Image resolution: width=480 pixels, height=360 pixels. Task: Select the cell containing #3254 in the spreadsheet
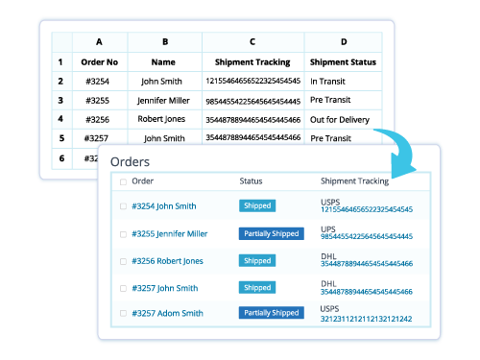point(101,82)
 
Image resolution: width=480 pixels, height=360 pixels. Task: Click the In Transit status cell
point(329,82)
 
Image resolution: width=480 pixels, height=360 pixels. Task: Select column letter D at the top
point(344,42)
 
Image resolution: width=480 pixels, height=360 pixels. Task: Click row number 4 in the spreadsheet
point(60,119)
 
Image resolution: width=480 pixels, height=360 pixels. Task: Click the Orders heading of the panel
point(131,162)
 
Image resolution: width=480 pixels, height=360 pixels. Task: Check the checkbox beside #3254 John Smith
point(122,206)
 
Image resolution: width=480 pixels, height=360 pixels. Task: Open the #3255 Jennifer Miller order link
point(171,233)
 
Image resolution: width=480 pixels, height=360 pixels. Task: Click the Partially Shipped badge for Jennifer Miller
point(271,233)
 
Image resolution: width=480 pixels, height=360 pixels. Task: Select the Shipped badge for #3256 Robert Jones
point(257,260)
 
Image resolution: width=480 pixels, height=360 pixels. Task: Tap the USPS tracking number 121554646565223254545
point(366,209)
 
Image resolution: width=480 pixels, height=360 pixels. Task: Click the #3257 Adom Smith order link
point(167,313)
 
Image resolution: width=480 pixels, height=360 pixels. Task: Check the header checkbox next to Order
point(122,181)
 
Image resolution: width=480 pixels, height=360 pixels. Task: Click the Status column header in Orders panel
point(251,180)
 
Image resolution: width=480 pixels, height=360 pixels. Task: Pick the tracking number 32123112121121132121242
point(366,319)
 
